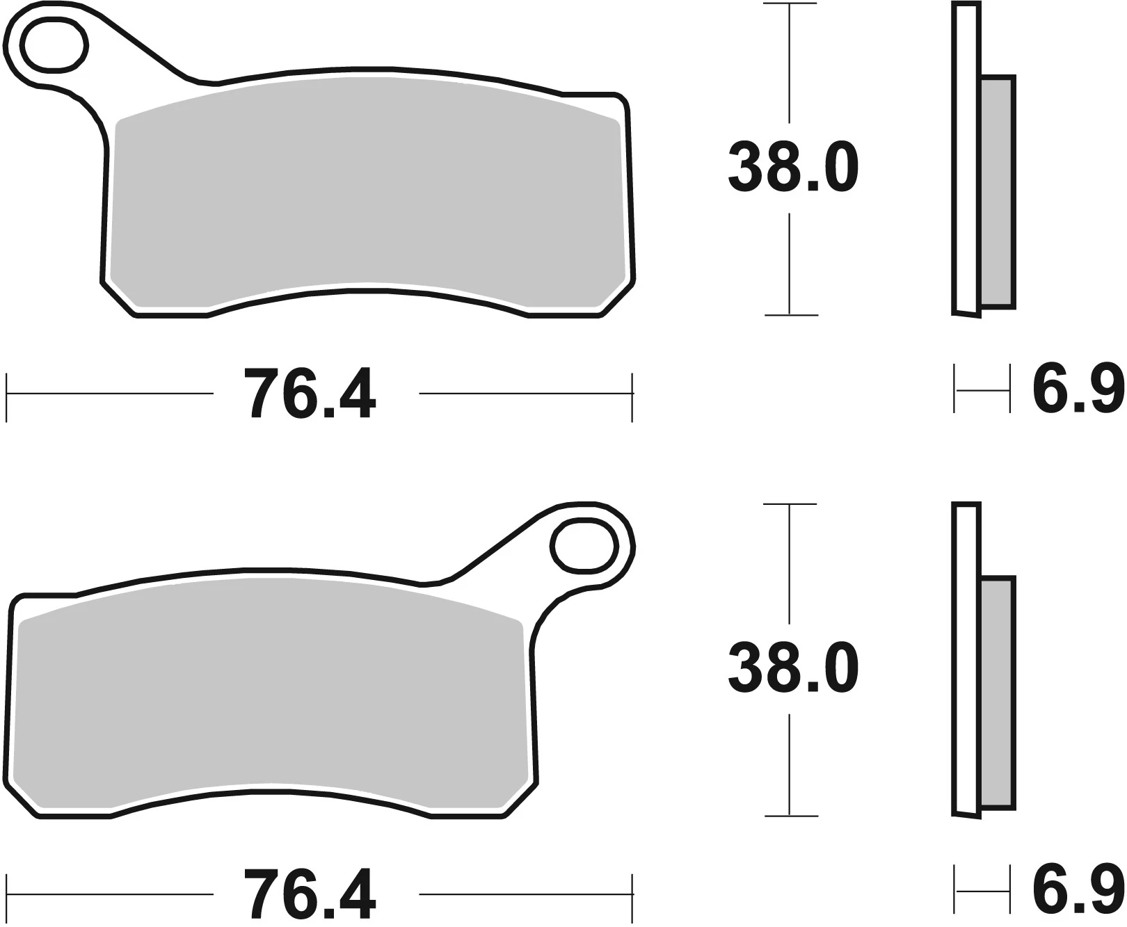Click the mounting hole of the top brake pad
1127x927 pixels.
tap(55, 46)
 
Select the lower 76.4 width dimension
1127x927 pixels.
tap(310, 894)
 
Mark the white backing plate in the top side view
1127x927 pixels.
tap(965, 160)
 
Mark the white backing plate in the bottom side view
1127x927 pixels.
tap(965, 661)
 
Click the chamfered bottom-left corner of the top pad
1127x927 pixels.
tap(119, 300)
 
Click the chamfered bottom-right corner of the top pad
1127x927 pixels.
tap(616, 300)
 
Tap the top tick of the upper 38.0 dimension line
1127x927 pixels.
tap(790, 4)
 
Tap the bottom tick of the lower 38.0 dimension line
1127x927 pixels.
tap(790, 815)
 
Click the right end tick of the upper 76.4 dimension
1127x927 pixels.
tap(632, 396)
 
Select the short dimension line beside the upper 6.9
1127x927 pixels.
tap(982, 392)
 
